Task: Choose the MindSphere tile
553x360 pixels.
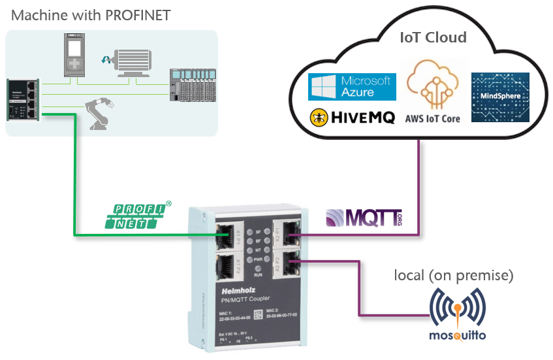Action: click(500, 97)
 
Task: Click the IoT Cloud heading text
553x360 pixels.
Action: click(433, 37)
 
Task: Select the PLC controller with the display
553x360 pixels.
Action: click(73, 56)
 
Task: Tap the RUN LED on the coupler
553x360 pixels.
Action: click(258, 269)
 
